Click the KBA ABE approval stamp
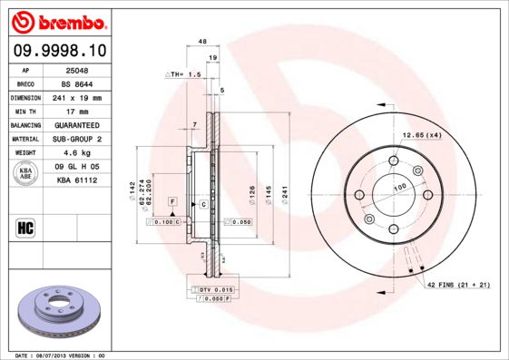click(x=26, y=173)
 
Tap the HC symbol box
click(x=25, y=228)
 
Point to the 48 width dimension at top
click(x=202, y=42)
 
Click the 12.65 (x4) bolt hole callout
click(x=422, y=136)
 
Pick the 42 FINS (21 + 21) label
click(x=457, y=285)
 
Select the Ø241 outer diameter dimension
click(x=285, y=191)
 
